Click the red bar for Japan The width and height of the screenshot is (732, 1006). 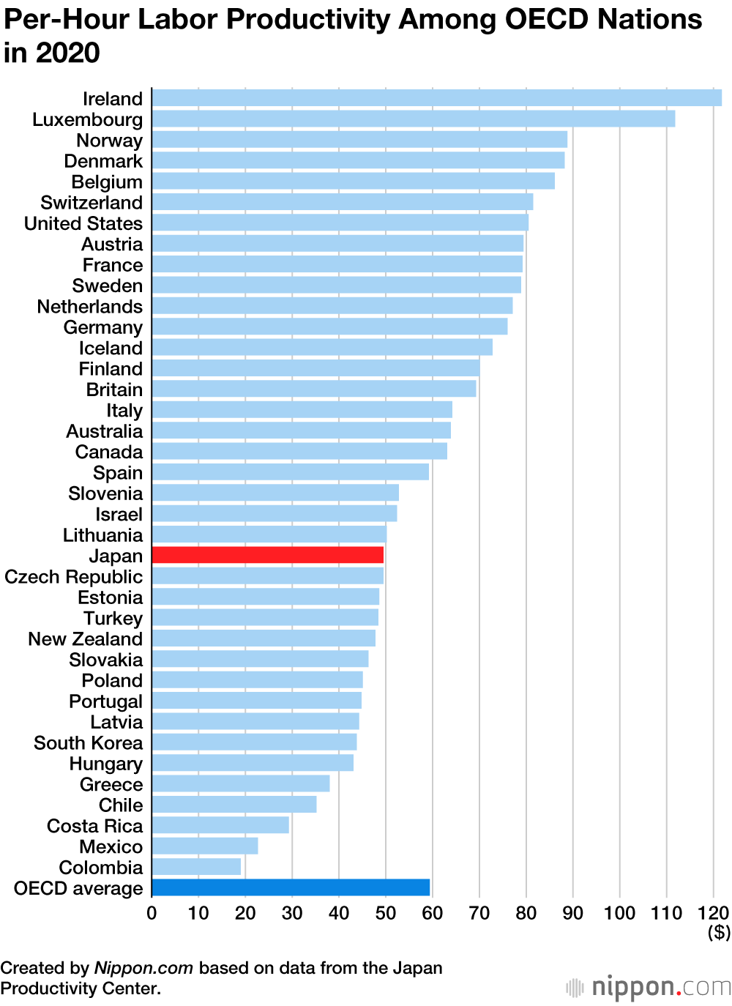point(267,555)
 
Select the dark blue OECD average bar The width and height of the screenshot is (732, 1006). point(291,887)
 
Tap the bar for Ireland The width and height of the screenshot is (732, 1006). point(436,97)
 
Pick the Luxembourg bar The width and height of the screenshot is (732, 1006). point(413,119)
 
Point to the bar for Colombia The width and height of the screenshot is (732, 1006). point(196,867)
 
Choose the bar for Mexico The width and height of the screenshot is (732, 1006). point(205,846)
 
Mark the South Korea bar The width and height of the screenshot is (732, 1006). point(254,742)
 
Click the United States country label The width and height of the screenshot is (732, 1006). point(83,223)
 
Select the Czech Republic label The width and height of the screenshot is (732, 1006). point(73,577)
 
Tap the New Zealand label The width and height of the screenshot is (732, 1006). point(85,639)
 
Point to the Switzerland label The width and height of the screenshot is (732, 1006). point(91,203)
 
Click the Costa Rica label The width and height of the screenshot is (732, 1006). point(94,826)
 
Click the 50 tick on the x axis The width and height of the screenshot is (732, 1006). point(385,913)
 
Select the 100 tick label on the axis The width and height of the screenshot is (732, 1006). point(619,913)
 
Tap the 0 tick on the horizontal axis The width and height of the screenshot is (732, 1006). point(152,913)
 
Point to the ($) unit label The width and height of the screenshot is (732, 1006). point(719,932)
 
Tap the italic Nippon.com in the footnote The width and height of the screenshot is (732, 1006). point(143,968)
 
